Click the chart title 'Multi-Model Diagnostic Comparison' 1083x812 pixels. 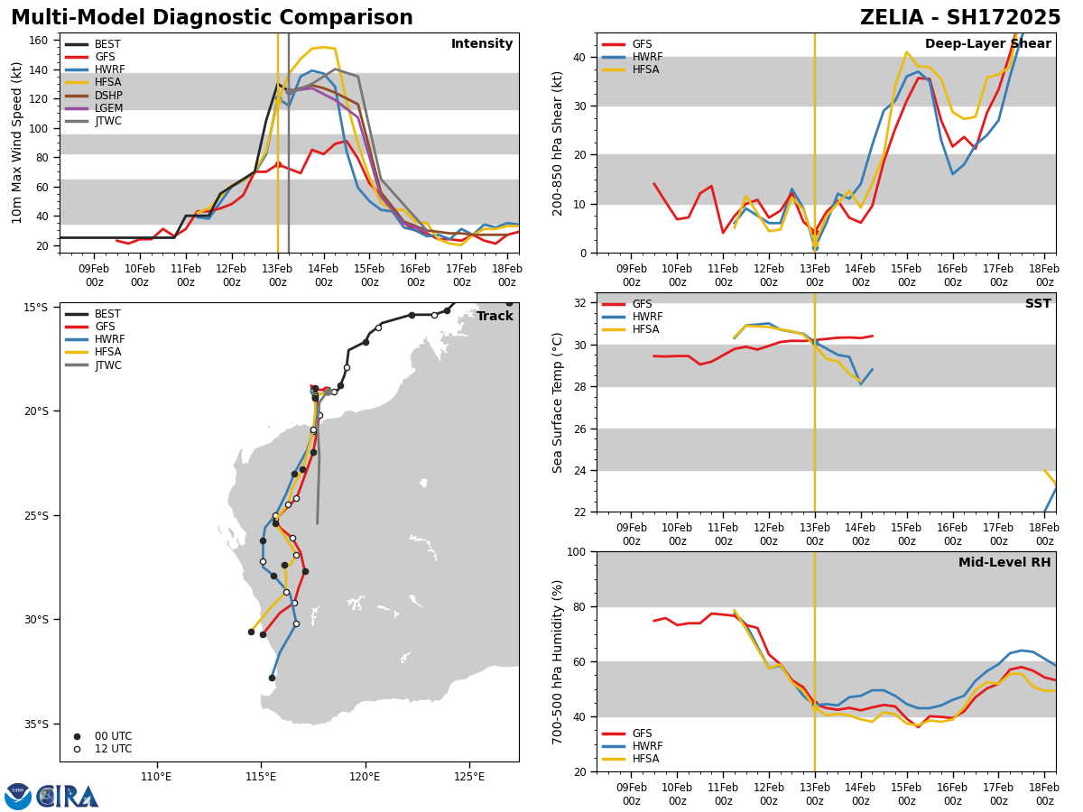pos(212,18)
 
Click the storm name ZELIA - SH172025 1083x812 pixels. pos(960,18)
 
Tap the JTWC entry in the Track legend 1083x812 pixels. pos(109,365)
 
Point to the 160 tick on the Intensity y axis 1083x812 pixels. pos(39,41)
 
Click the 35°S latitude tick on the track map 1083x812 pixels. pos(35,724)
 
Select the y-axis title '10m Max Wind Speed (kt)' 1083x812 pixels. pos(17,143)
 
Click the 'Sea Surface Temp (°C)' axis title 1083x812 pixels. pos(558,402)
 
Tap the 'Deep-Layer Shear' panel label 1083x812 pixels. pos(987,44)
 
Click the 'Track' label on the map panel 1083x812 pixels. pos(495,317)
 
